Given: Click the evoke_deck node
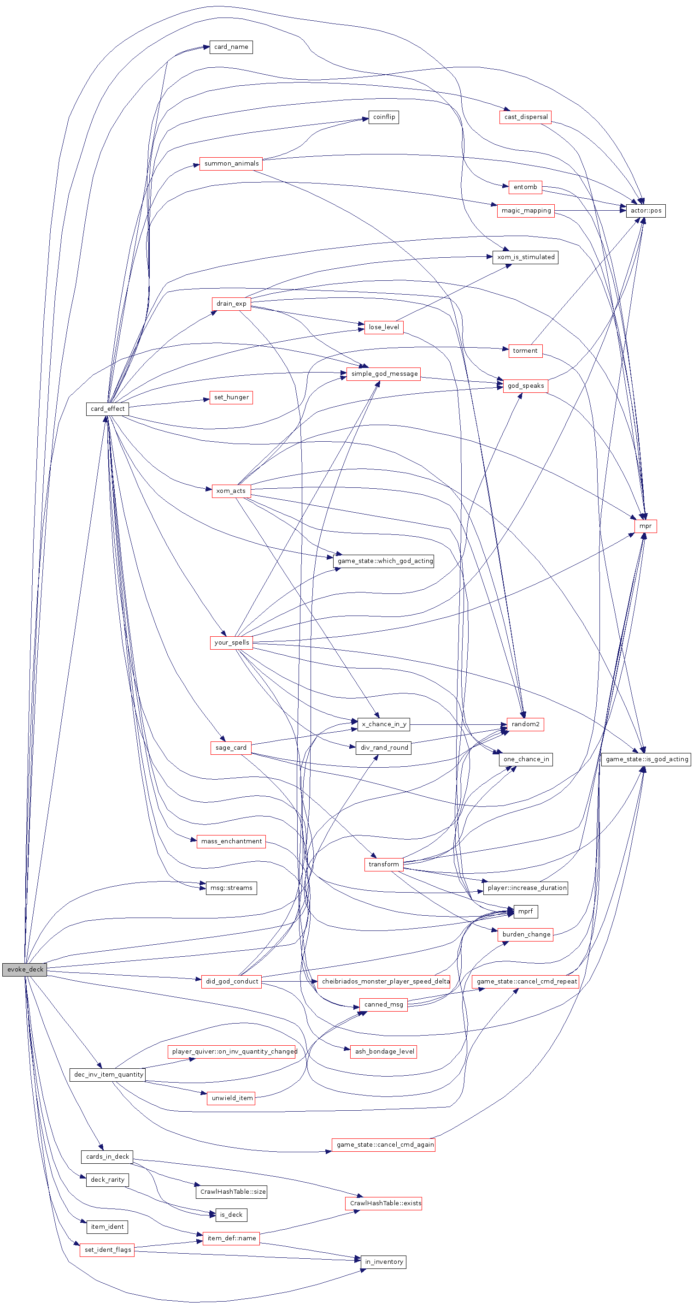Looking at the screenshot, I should pos(24,969).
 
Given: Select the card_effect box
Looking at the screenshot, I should pos(107,409).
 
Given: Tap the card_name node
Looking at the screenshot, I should pos(231,47).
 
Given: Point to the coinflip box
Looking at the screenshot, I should pos(384,117).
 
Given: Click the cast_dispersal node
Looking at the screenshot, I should pos(525,117).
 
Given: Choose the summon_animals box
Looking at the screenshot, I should pos(231,163).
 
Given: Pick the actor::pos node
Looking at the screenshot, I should pos(646,210).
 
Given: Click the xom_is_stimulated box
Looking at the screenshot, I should pos(525,257).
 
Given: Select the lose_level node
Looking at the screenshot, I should pos(384,327).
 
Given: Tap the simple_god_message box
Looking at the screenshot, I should pos(384,373).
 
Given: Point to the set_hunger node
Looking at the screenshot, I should pos(231,397).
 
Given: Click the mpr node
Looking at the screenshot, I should pos(646,526).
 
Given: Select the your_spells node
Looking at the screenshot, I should pos(231,643).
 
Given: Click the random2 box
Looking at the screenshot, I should pos(525,724).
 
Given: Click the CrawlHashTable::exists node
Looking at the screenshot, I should pos(384,1203).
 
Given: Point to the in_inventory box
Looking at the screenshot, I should pos(384,1262).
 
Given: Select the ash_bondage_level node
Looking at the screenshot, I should pos(384,1052).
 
